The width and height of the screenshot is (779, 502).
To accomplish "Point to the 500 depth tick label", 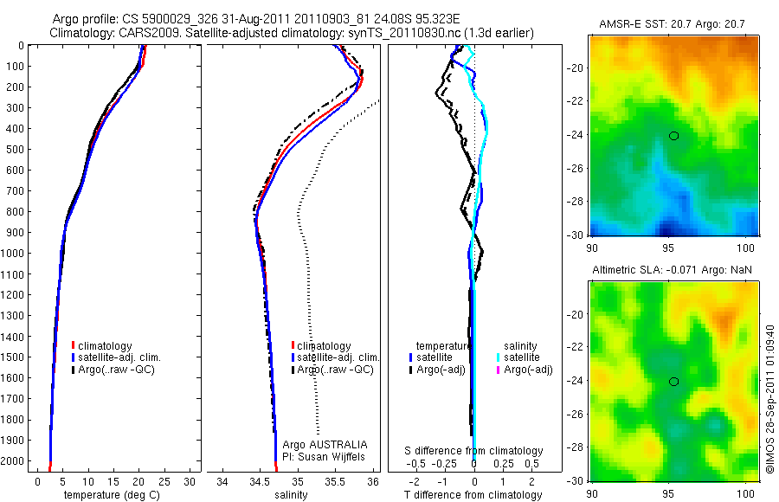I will coord(16,149).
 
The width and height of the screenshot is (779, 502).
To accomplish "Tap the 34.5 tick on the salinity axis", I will coord(260,481).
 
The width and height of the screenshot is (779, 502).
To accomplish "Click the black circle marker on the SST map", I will coord(673,135).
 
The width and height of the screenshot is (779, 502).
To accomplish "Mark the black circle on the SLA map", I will coord(673,381).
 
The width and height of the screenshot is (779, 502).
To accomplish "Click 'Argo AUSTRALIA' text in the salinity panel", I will coord(319,444).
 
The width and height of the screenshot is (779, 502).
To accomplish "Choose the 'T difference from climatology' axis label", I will coord(473,495).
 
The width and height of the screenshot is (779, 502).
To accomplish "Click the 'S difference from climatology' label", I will coord(473,451).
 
